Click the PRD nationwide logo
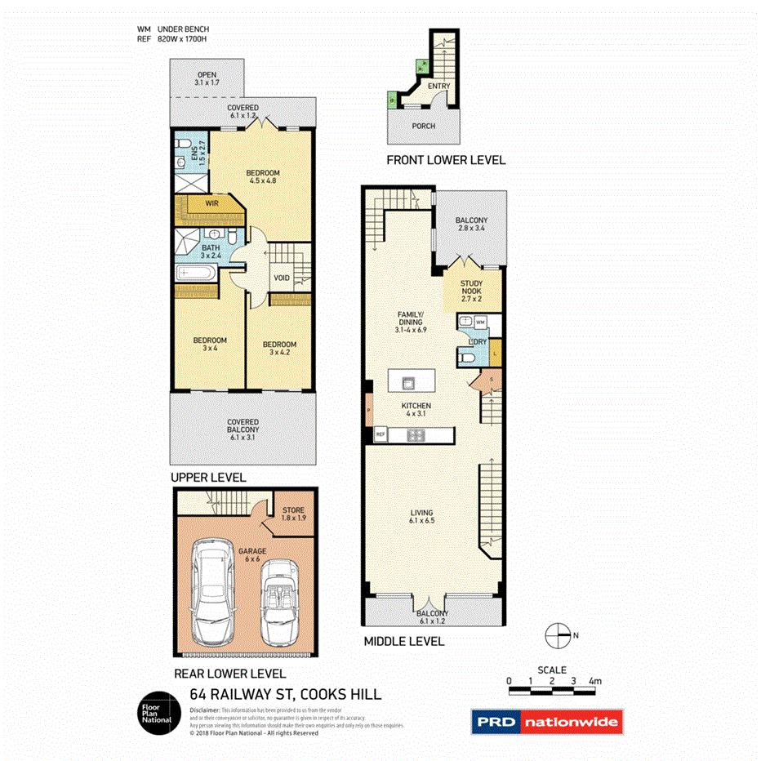point(546,722)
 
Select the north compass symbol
point(558,634)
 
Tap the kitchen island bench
point(412,380)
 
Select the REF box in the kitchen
point(380,435)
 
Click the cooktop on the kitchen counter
point(416,435)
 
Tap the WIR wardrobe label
point(211,202)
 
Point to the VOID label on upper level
point(282,278)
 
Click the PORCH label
point(423,126)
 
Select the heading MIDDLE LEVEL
point(403,642)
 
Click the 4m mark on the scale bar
point(594,681)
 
